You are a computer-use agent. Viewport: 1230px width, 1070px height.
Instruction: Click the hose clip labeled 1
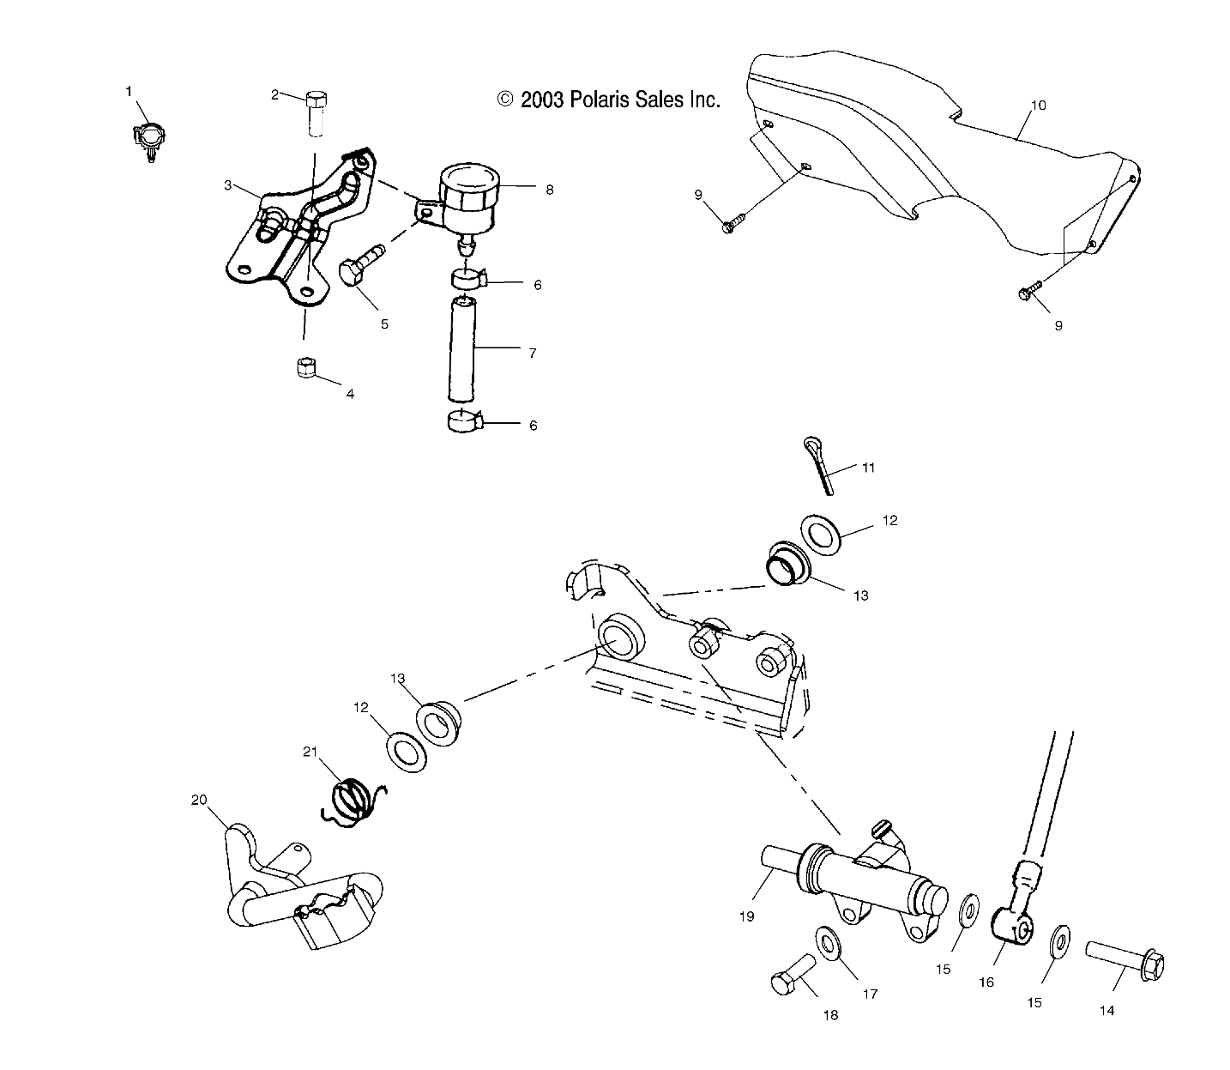148,138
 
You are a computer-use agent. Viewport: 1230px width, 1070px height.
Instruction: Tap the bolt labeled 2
315,111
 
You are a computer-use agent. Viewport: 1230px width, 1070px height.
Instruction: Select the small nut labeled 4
304,368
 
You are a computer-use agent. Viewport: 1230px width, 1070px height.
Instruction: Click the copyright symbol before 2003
505,100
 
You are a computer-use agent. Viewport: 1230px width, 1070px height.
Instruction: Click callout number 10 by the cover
1038,106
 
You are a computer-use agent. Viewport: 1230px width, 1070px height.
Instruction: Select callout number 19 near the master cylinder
746,916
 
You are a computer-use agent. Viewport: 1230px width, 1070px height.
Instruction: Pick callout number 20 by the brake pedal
199,800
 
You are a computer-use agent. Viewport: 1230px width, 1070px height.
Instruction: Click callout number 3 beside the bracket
228,185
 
